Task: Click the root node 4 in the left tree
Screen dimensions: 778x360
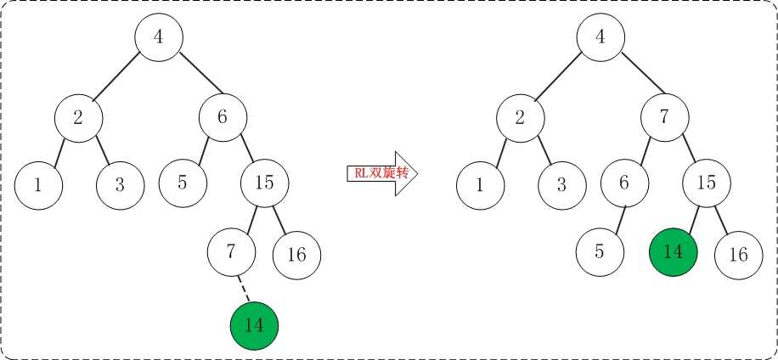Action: click(x=159, y=37)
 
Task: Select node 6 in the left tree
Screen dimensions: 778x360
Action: click(x=223, y=117)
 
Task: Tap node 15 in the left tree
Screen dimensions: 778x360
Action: click(x=264, y=183)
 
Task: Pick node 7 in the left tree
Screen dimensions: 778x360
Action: click(x=231, y=252)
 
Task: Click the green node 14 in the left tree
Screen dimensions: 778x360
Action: click(x=255, y=326)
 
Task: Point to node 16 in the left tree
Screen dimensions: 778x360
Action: click(x=296, y=255)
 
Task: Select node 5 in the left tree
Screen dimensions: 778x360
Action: click(x=183, y=183)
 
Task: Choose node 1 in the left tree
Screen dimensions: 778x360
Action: click(x=38, y=185)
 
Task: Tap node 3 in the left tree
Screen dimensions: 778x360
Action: click(x=120, y=185)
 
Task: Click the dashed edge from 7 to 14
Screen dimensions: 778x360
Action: click(x=243, y=289)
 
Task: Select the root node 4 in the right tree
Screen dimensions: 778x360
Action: click(x=600, y=37)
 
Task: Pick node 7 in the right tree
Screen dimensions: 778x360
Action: click(x=665, y=117)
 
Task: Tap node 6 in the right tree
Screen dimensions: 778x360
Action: click(x=624, y=183)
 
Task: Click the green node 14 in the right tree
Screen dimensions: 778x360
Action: click(x=674, y=252)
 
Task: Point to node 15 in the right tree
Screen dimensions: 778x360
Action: click(x=707, y=183)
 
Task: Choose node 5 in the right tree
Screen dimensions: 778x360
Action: click(x=600, y=252)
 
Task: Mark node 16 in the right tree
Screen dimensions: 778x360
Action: click(x=739, y=255)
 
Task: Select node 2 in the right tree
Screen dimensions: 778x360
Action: click(x=521, y=117)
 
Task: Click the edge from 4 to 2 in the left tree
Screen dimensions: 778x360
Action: click(x=117, y=75)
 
